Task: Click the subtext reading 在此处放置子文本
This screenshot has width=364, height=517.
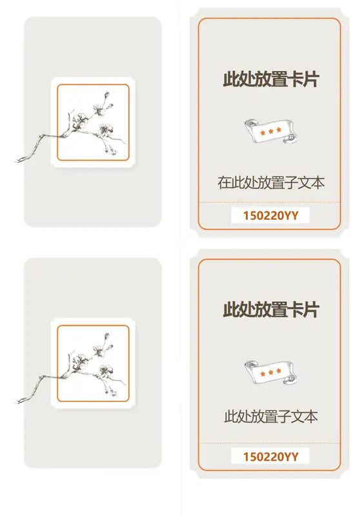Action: pos(271,183)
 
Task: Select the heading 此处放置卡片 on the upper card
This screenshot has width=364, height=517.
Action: pos(271,79)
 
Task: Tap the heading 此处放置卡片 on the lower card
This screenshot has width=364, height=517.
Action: pos(271,310)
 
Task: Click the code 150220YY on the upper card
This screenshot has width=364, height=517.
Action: pos(271,216)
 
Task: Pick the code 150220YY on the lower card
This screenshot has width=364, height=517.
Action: pos(271,457)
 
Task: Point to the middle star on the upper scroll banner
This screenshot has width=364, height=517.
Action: pos(271,132)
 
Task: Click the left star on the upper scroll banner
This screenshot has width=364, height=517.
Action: pos(263,133)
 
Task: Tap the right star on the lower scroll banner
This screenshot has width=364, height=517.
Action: pos(279,371)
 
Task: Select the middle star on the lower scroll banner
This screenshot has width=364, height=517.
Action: pos(271,373)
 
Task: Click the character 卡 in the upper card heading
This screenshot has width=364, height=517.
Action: pos(295,79)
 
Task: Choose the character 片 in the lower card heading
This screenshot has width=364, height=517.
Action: pos(311,310)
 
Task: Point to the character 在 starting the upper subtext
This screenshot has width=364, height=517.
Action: pos(224,183)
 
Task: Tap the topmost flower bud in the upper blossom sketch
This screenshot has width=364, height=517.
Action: pos(106,95)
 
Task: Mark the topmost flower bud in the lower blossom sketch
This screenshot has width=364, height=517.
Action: pos(106,336)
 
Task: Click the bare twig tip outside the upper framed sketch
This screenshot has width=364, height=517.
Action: pos(15,161)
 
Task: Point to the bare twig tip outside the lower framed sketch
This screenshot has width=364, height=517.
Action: pos(15,402)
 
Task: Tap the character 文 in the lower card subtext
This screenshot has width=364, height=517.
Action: pos(296,417)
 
